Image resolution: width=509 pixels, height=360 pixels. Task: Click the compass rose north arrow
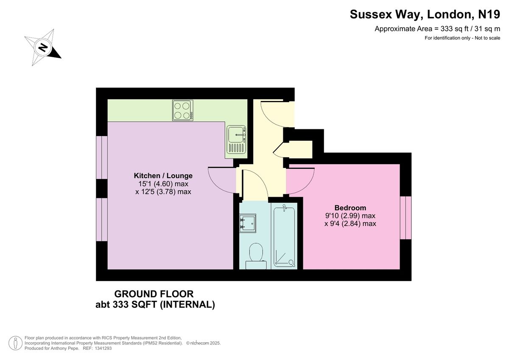click(43, 47)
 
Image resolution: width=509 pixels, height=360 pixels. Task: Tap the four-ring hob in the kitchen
click(183, 110)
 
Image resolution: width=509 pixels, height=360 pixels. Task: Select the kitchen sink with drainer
click(237, 140)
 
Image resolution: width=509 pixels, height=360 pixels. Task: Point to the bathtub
click(285, 236)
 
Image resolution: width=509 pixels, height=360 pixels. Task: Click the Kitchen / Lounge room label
click(163, 176)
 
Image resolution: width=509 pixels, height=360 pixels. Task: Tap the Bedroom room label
click(350, 208)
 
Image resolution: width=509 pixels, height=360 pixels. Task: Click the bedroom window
click(406, 217)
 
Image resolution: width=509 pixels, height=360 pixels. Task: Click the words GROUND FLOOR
click(154, 294)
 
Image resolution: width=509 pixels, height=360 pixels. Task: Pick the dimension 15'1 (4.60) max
click(163, 184)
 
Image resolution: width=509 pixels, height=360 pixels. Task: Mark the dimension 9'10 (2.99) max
click(350, 215)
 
